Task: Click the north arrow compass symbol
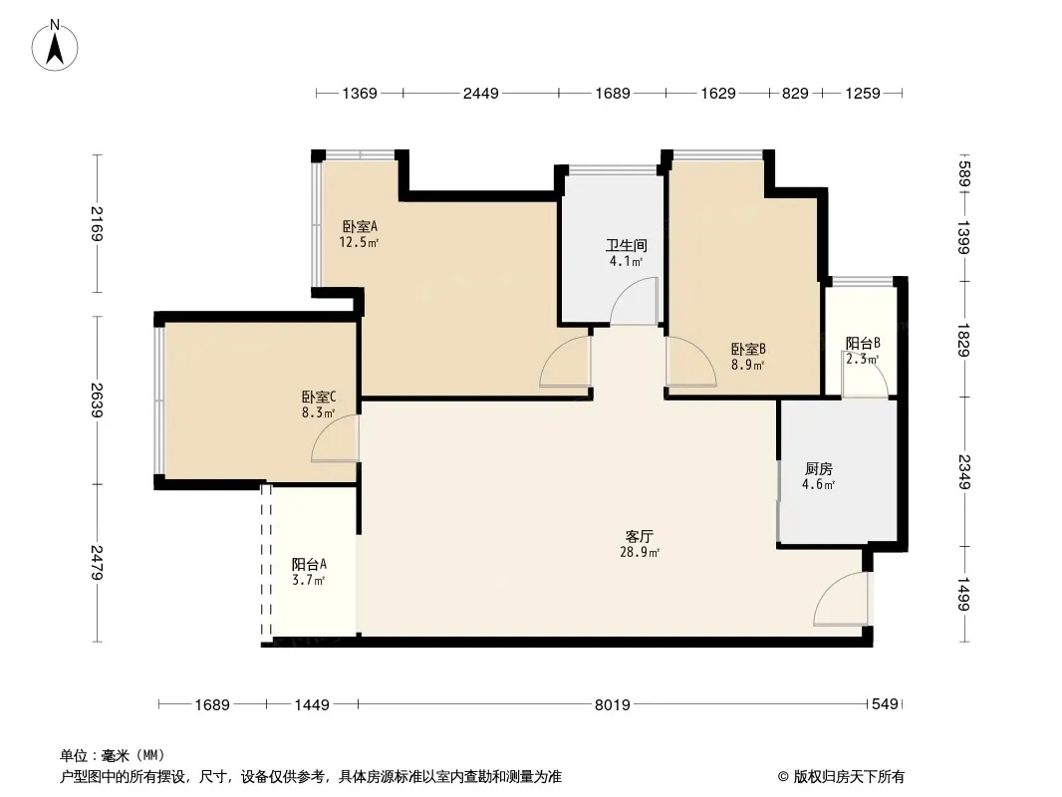(x=57, y=45)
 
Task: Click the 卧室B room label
(x=747, y=350)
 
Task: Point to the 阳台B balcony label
(x=863, y=344)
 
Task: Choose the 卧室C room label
(x=319, y=396)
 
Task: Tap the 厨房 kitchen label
(x=818, y=468)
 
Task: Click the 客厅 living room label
(x=642, y=535)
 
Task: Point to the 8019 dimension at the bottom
(x=612, y=705)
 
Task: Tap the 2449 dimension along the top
(x=480, y=94)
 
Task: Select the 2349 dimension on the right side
(x=964, y=472)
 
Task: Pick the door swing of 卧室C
(x=335, y=440)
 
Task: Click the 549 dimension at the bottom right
(x=886, y=705)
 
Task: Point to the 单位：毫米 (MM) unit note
(x=112, y=755)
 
